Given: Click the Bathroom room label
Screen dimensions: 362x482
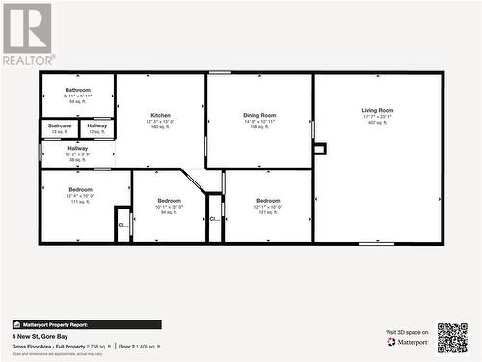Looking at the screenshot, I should pos(77,90).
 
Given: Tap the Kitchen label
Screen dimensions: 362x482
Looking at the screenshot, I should pos(160,115).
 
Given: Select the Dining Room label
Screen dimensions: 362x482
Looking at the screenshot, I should pos(259,115).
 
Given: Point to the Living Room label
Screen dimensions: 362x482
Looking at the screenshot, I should pos(377,110).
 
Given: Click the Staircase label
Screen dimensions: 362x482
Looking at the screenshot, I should pos(60,125).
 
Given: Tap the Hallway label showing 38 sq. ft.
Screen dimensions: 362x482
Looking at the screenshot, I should pos(77,148).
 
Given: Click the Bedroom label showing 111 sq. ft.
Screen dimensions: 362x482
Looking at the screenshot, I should pos(80,189).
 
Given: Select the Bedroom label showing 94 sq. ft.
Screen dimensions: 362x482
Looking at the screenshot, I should pos(169,200).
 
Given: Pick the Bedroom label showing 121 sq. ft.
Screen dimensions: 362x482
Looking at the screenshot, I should pos(268,200).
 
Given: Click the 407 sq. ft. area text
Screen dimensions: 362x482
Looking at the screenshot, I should pos(377,123).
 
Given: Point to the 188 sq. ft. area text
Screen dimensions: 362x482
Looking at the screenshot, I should pos(259,126).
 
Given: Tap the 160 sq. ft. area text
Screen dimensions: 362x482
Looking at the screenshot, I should pos(160,126).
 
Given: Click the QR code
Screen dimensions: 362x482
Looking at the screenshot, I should pos(451,338).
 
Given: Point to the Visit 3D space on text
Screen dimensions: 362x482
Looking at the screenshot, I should pos(406,331).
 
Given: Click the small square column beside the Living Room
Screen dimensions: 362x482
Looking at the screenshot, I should pos(320,149).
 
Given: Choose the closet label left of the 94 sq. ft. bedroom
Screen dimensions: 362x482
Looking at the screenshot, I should pos(122,225).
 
